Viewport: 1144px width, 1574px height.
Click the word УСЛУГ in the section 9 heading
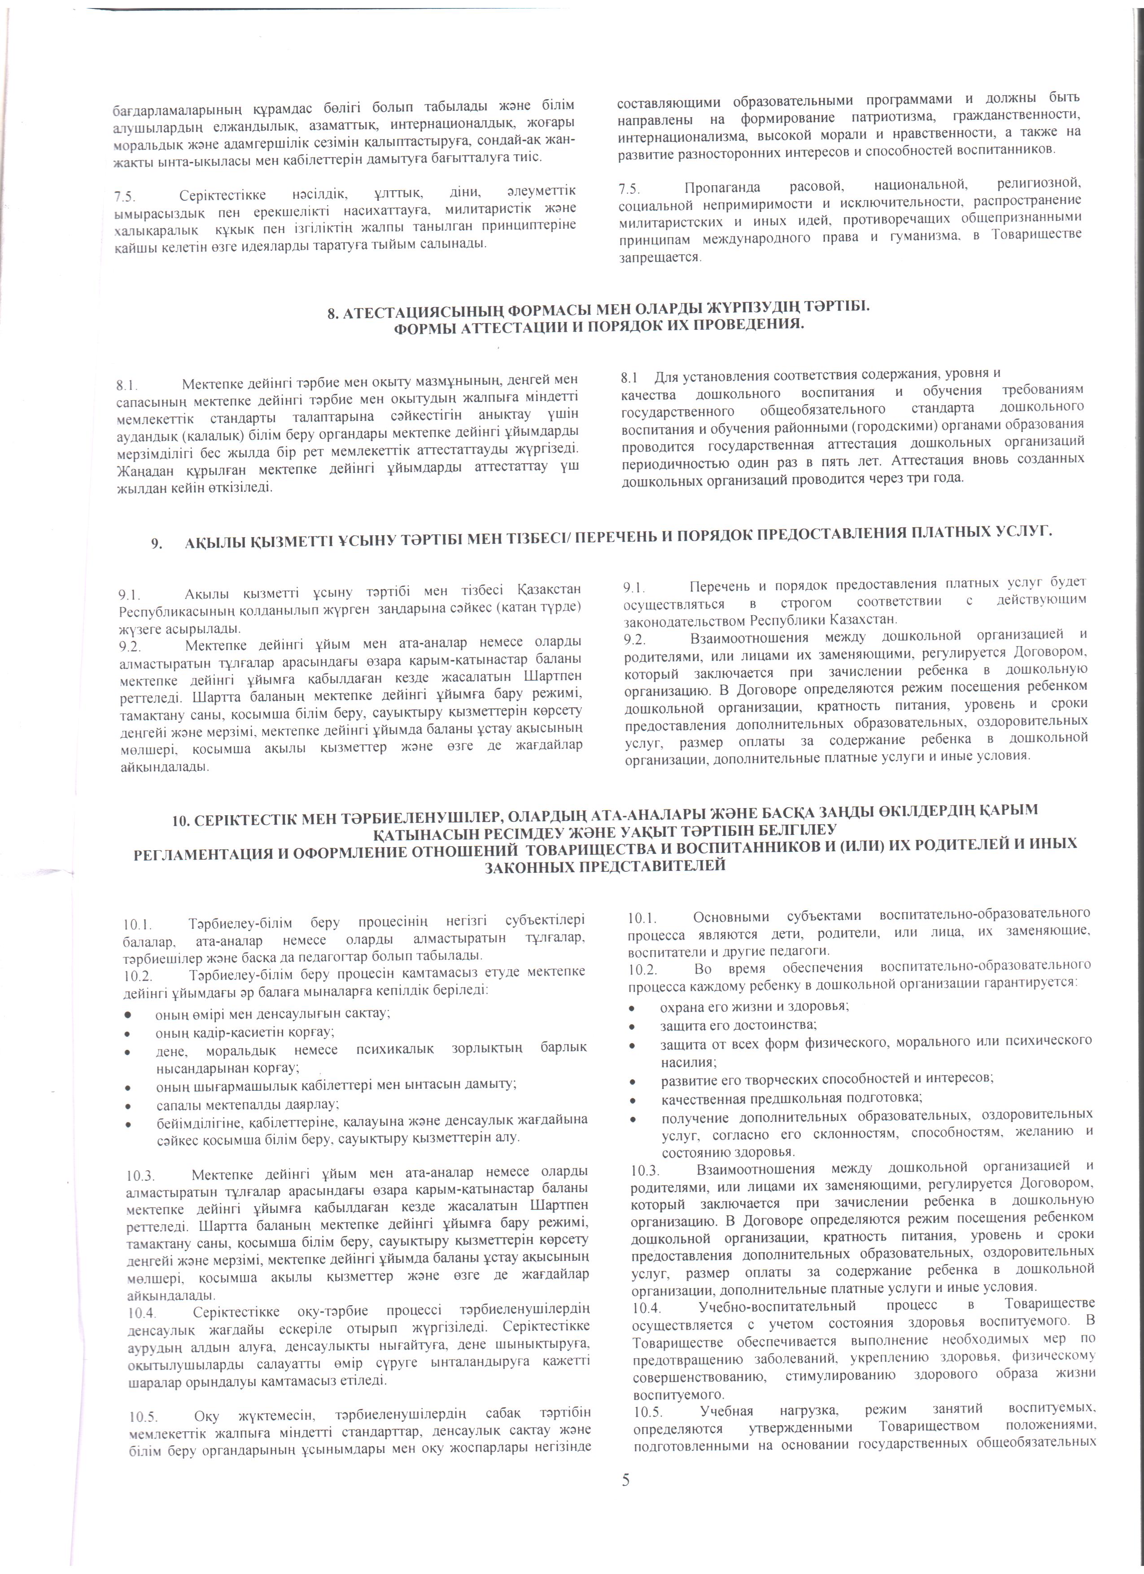pyautogui.click(x=1019, y=532)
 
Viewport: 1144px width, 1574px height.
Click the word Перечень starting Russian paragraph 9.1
pyautogui.click(x=722, y=584)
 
